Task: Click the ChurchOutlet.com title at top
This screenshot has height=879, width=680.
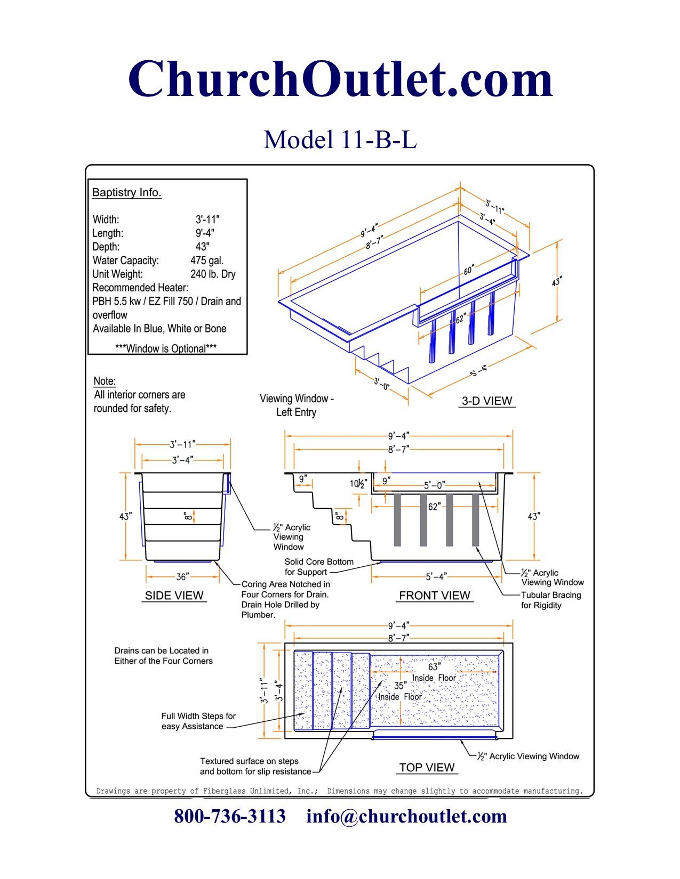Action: (x=340, y=80)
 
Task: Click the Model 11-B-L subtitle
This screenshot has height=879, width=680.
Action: (x=340, y=140)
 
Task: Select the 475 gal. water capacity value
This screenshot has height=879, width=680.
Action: (x=207, y=261)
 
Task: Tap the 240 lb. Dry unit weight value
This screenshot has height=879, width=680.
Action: (x=213, y=274)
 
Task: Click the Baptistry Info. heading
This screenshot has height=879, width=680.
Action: (x=126, y=192)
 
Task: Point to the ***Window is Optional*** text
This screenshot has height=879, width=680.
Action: (x=166, y=348)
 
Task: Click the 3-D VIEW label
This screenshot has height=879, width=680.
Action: (x=486, y=401)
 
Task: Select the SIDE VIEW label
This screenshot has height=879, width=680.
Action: (x=174, y=596)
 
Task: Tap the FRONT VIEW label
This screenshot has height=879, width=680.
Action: (x=435, y=596)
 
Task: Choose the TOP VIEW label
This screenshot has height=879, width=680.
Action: (x=427, y=768)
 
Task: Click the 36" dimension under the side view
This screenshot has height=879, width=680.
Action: (x=182, y=577)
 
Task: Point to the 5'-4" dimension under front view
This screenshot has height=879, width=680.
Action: (x=436, y=577)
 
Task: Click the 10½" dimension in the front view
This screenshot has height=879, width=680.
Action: (x=358, y=484)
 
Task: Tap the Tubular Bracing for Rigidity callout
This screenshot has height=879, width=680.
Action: (x=550, y=600)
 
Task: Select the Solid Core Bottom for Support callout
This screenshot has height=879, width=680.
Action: (x=318, y=567)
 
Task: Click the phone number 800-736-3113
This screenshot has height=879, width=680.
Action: (x=230, y=816)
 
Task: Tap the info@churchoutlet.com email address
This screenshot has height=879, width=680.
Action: (x=406, y=816)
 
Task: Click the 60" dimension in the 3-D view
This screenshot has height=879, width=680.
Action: (x=468, y=271)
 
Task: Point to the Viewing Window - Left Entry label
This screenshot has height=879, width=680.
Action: (x=297, y=405)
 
